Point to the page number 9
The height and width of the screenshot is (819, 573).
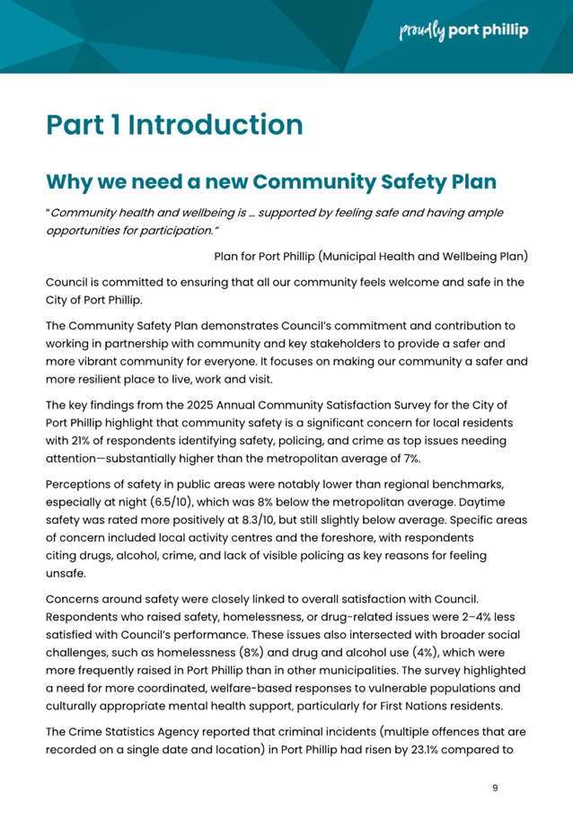pos(495,788)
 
